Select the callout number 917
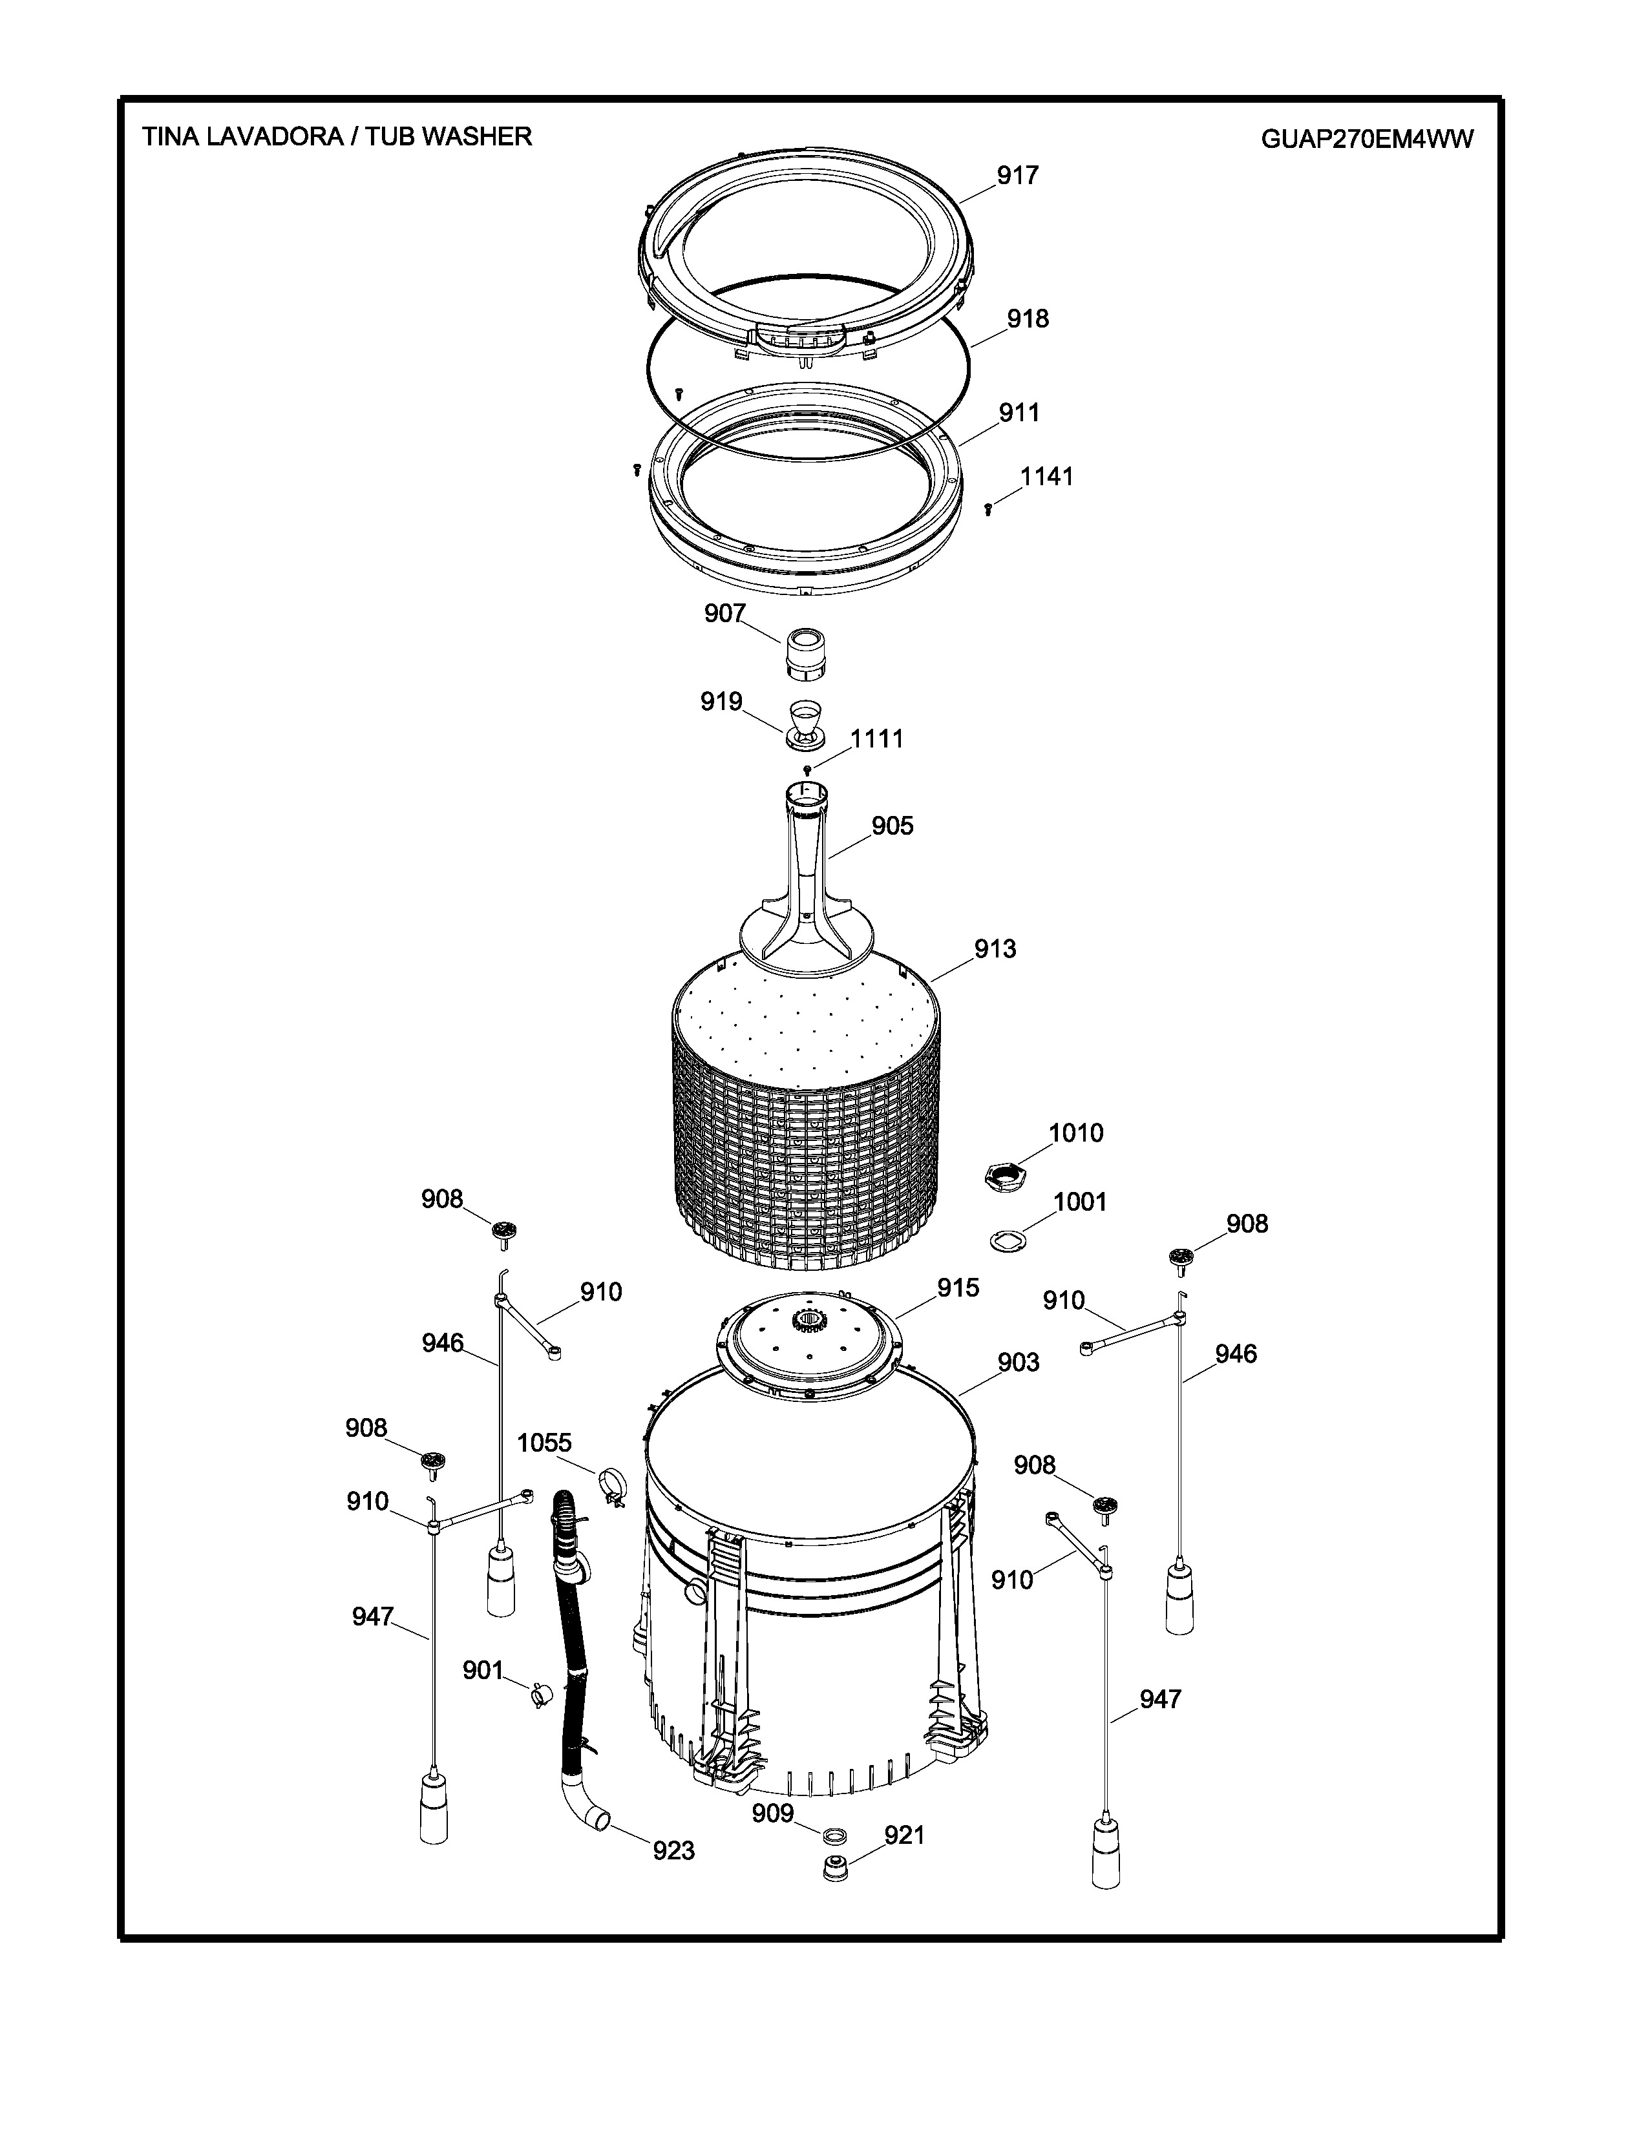pos(1017,176)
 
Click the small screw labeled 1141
pos(988,508)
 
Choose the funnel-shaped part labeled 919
pos(805,726)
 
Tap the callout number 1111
pos(877,739)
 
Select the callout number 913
pos(995,949)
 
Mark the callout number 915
pos(958,1289)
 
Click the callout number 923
pos(673,1850)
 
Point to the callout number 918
pos(1028,319)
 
